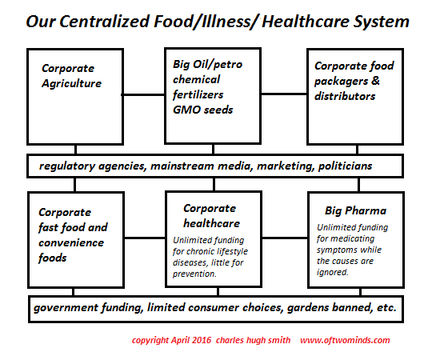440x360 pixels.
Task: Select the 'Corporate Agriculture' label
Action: pyautogui.click(x=71, y=76)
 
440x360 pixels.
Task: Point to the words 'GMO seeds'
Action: pyautogui.click(x=203, y=110)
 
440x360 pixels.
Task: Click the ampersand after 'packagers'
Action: pyautogui.click(x=375, y=81)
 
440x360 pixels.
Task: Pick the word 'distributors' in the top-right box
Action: pyautogui.click(x=345, y=96)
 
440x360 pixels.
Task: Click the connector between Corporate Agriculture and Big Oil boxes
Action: pyautogui.click(x=143, y=95)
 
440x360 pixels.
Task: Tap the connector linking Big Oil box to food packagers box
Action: pyautogui.click(x=284, y=94)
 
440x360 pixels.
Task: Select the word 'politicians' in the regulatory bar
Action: pyautogui.click(x=345, y=166)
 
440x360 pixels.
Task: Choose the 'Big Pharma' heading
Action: pyautogui.click(x=355, y=210)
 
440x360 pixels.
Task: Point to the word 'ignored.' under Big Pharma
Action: pyautogui.click(x=333, y=272)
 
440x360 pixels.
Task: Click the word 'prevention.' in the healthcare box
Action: pyautogui.click(x=194, y=274)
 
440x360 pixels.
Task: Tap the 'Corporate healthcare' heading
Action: pyautogui.click(x=211, y=216)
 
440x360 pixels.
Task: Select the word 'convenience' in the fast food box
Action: pyautogui.click(x=71, y=242)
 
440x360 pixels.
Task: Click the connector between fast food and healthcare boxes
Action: pyautogui.click(x=145, y=238)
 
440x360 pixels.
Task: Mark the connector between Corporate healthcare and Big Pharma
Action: pyautogui.click(x=285, y=238)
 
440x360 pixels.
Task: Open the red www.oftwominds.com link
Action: pyautogui.click(x=345, y=340)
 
